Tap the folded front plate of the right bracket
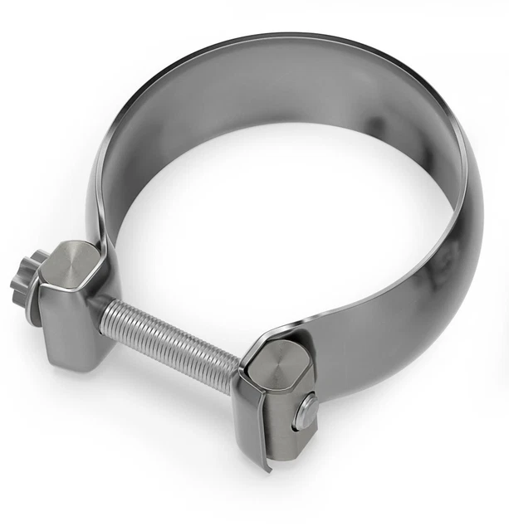(x=249, y=423)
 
